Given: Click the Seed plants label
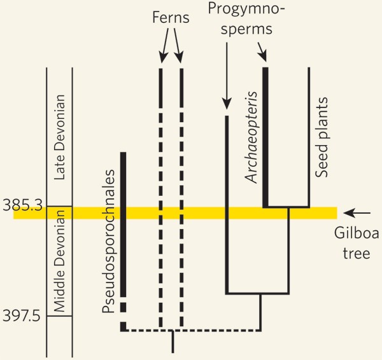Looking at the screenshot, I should pos(323,136).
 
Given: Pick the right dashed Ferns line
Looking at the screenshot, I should pos(182,254).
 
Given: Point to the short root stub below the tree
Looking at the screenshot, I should pos(173,342).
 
